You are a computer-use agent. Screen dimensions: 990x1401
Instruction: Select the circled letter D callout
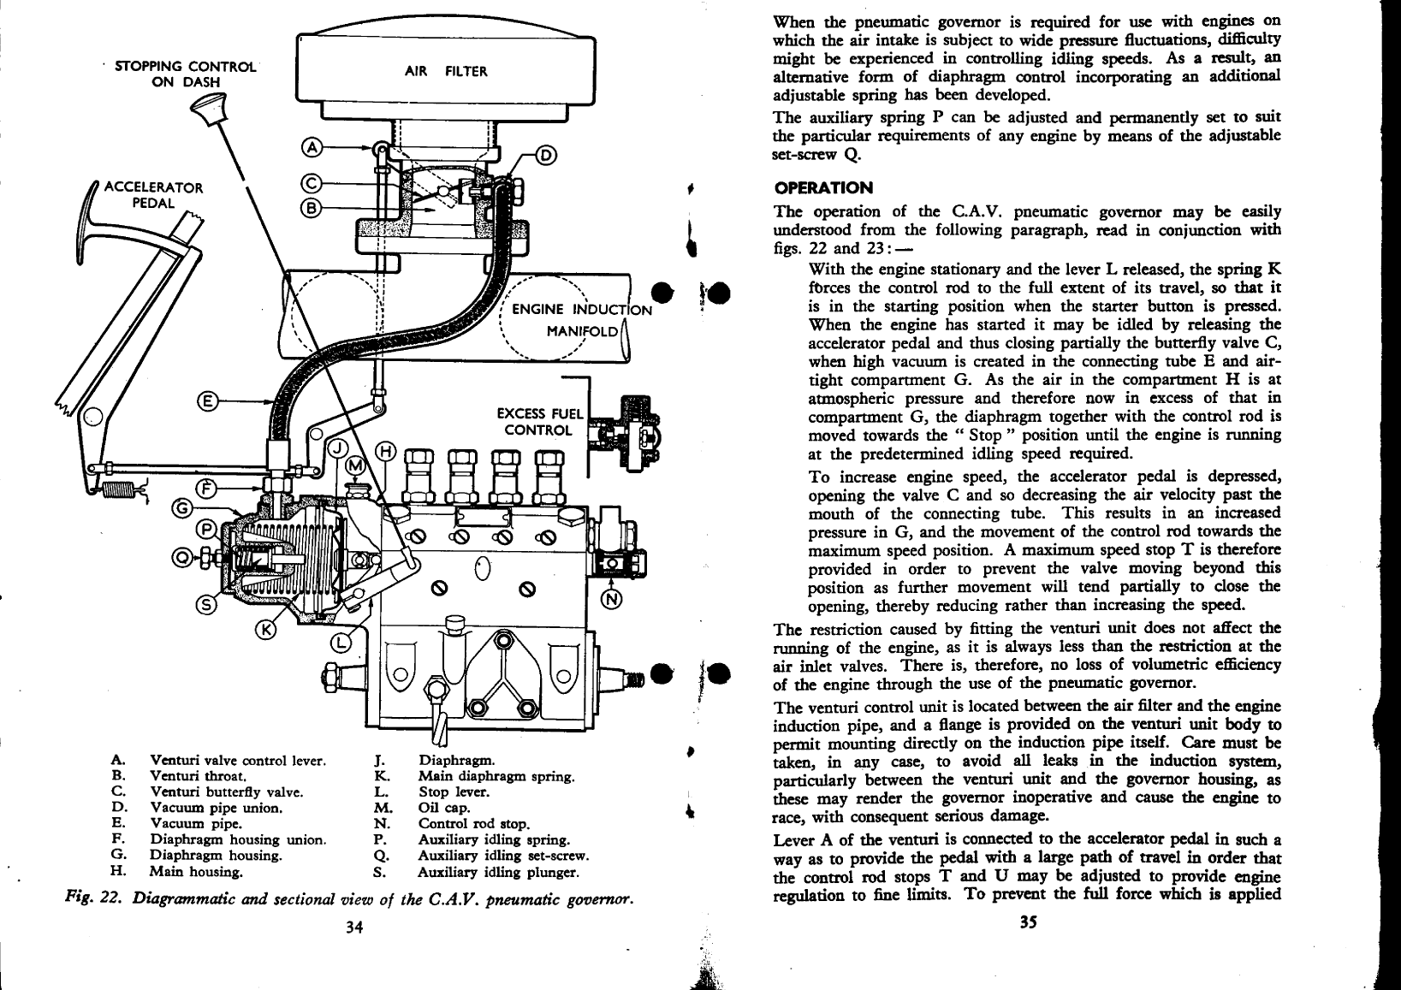click(545, 155)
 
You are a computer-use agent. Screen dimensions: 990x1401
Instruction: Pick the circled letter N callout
click(612, 599)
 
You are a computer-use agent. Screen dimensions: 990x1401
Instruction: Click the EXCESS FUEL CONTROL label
click(539, 422)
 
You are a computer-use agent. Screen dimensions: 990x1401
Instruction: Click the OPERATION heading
click(811, 187)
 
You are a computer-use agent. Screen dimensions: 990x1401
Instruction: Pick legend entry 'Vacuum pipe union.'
click(217, 808)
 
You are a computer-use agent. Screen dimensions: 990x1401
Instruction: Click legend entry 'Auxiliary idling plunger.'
click(498, 873)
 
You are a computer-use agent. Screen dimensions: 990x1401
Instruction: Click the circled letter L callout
click(340, 643)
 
